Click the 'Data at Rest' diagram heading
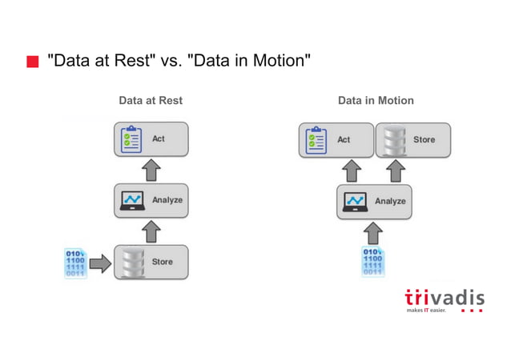tap(150, 101)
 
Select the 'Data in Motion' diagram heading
tap(376, 101)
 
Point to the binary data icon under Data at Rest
tap(75, 263)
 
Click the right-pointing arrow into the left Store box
tap(101, 263)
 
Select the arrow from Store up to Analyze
tap(151, 231)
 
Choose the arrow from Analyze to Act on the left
tap(151, 170)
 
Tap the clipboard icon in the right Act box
tap(316, 139)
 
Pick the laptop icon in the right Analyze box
tap(354, 201)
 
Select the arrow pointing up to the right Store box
tap(393, 170)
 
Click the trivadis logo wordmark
tap(445, 299)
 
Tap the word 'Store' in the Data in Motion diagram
tap(424, 139)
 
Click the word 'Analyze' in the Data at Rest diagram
tap(167, 200)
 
